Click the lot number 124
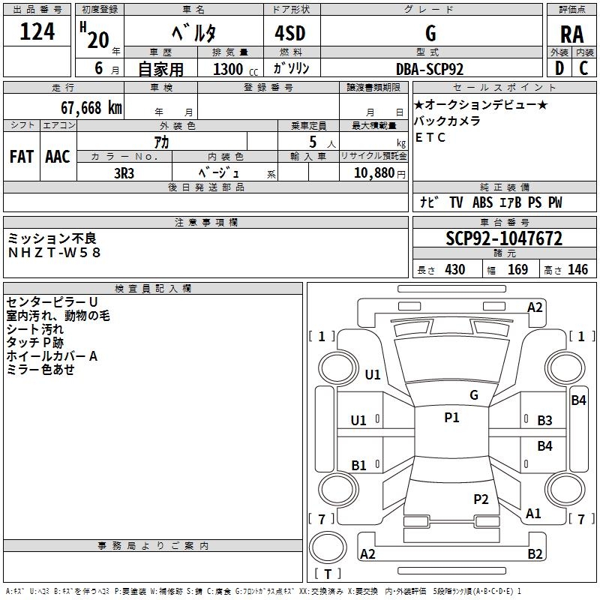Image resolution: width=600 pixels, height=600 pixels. (x=37, y=31)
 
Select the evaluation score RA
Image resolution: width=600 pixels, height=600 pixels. (x=571, y=34)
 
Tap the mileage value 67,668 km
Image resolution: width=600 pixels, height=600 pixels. (x=91, y=108)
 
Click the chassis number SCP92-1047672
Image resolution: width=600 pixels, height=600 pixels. (x=504, y=238)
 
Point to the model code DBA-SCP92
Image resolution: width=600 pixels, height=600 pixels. (x=430, y=69)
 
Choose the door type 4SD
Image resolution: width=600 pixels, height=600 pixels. (x=290, y=33)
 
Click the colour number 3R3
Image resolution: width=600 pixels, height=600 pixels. (x=124, y=173)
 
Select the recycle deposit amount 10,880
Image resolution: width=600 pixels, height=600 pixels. (x=373, y=173)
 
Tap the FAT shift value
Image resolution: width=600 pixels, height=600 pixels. (x=22, y=157)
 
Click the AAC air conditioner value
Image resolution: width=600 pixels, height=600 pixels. (x=58, y=157)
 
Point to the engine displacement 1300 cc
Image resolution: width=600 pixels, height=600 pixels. (x=235, y=69)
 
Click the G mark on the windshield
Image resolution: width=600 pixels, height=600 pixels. (x=474, y=395)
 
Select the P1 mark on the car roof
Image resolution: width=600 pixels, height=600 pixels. (x=451, y=418)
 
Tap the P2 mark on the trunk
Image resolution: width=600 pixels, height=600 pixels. (x=481, y=499)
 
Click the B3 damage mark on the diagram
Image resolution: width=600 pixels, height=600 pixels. (x=544, y=421)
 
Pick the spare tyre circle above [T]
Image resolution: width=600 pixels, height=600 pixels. (x=328, y=547)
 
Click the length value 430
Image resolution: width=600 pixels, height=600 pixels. (x=455, y=270)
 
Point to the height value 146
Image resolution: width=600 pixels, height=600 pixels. (x=577, y=270)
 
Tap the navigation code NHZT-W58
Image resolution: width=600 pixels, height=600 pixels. (x=54, y=253)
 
